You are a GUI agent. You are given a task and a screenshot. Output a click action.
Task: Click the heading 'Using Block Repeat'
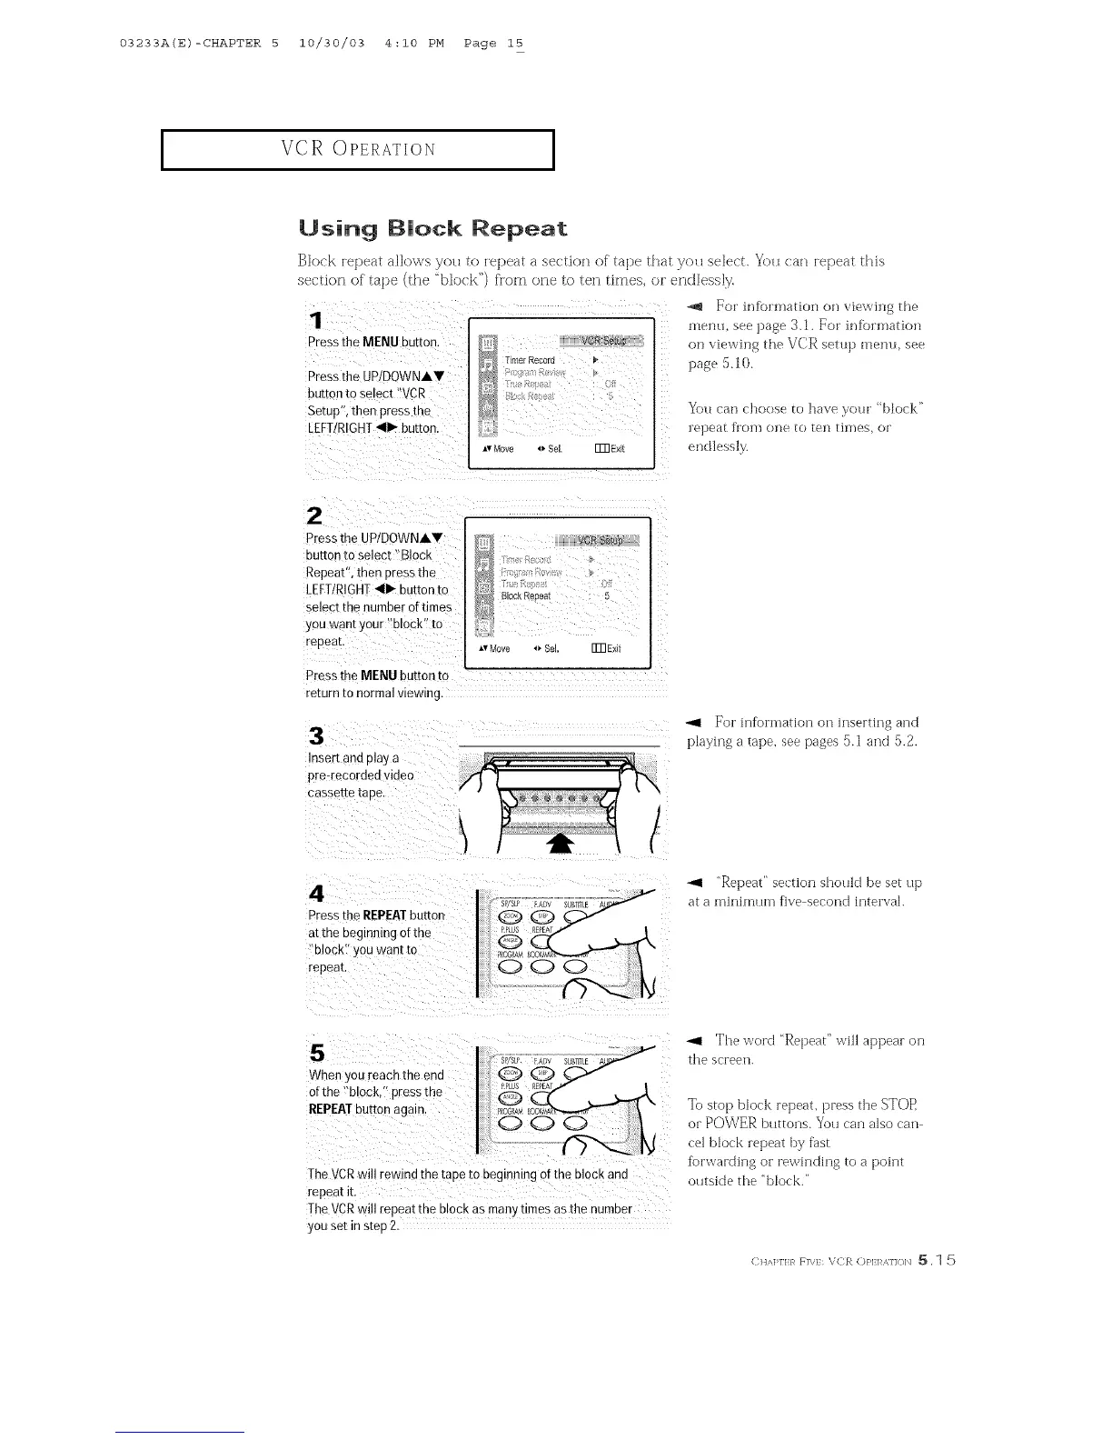pyautogui.click(x=432, y=228)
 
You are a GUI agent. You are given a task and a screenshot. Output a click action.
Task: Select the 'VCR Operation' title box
pyautogui.click(x=358, y=150)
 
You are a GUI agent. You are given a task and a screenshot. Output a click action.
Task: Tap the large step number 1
pyautogui.click(x=315, y=321)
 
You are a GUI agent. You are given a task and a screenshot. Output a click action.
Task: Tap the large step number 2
pyautogui.click(x=315, y=515)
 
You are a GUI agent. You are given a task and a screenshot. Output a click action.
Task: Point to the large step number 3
pyautogui.click(x=316, y=735)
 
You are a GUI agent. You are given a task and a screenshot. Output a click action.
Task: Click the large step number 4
pyautogui.click(x=316, y=894)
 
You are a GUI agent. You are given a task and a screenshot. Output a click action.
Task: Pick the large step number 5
pyautogui.click(x=316, y=1053)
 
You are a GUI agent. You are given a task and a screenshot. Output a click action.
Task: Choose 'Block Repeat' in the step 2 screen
pyautogui.click(x=526, y=596)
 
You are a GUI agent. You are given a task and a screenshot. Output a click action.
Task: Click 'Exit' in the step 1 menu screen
pyautogui.click(x=618, y=449)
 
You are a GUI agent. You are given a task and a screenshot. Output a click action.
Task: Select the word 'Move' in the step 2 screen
pyautogui.click(x=500, y=649)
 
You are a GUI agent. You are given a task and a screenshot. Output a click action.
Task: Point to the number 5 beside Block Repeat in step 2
pyautogui.click(x=607, y=596)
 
